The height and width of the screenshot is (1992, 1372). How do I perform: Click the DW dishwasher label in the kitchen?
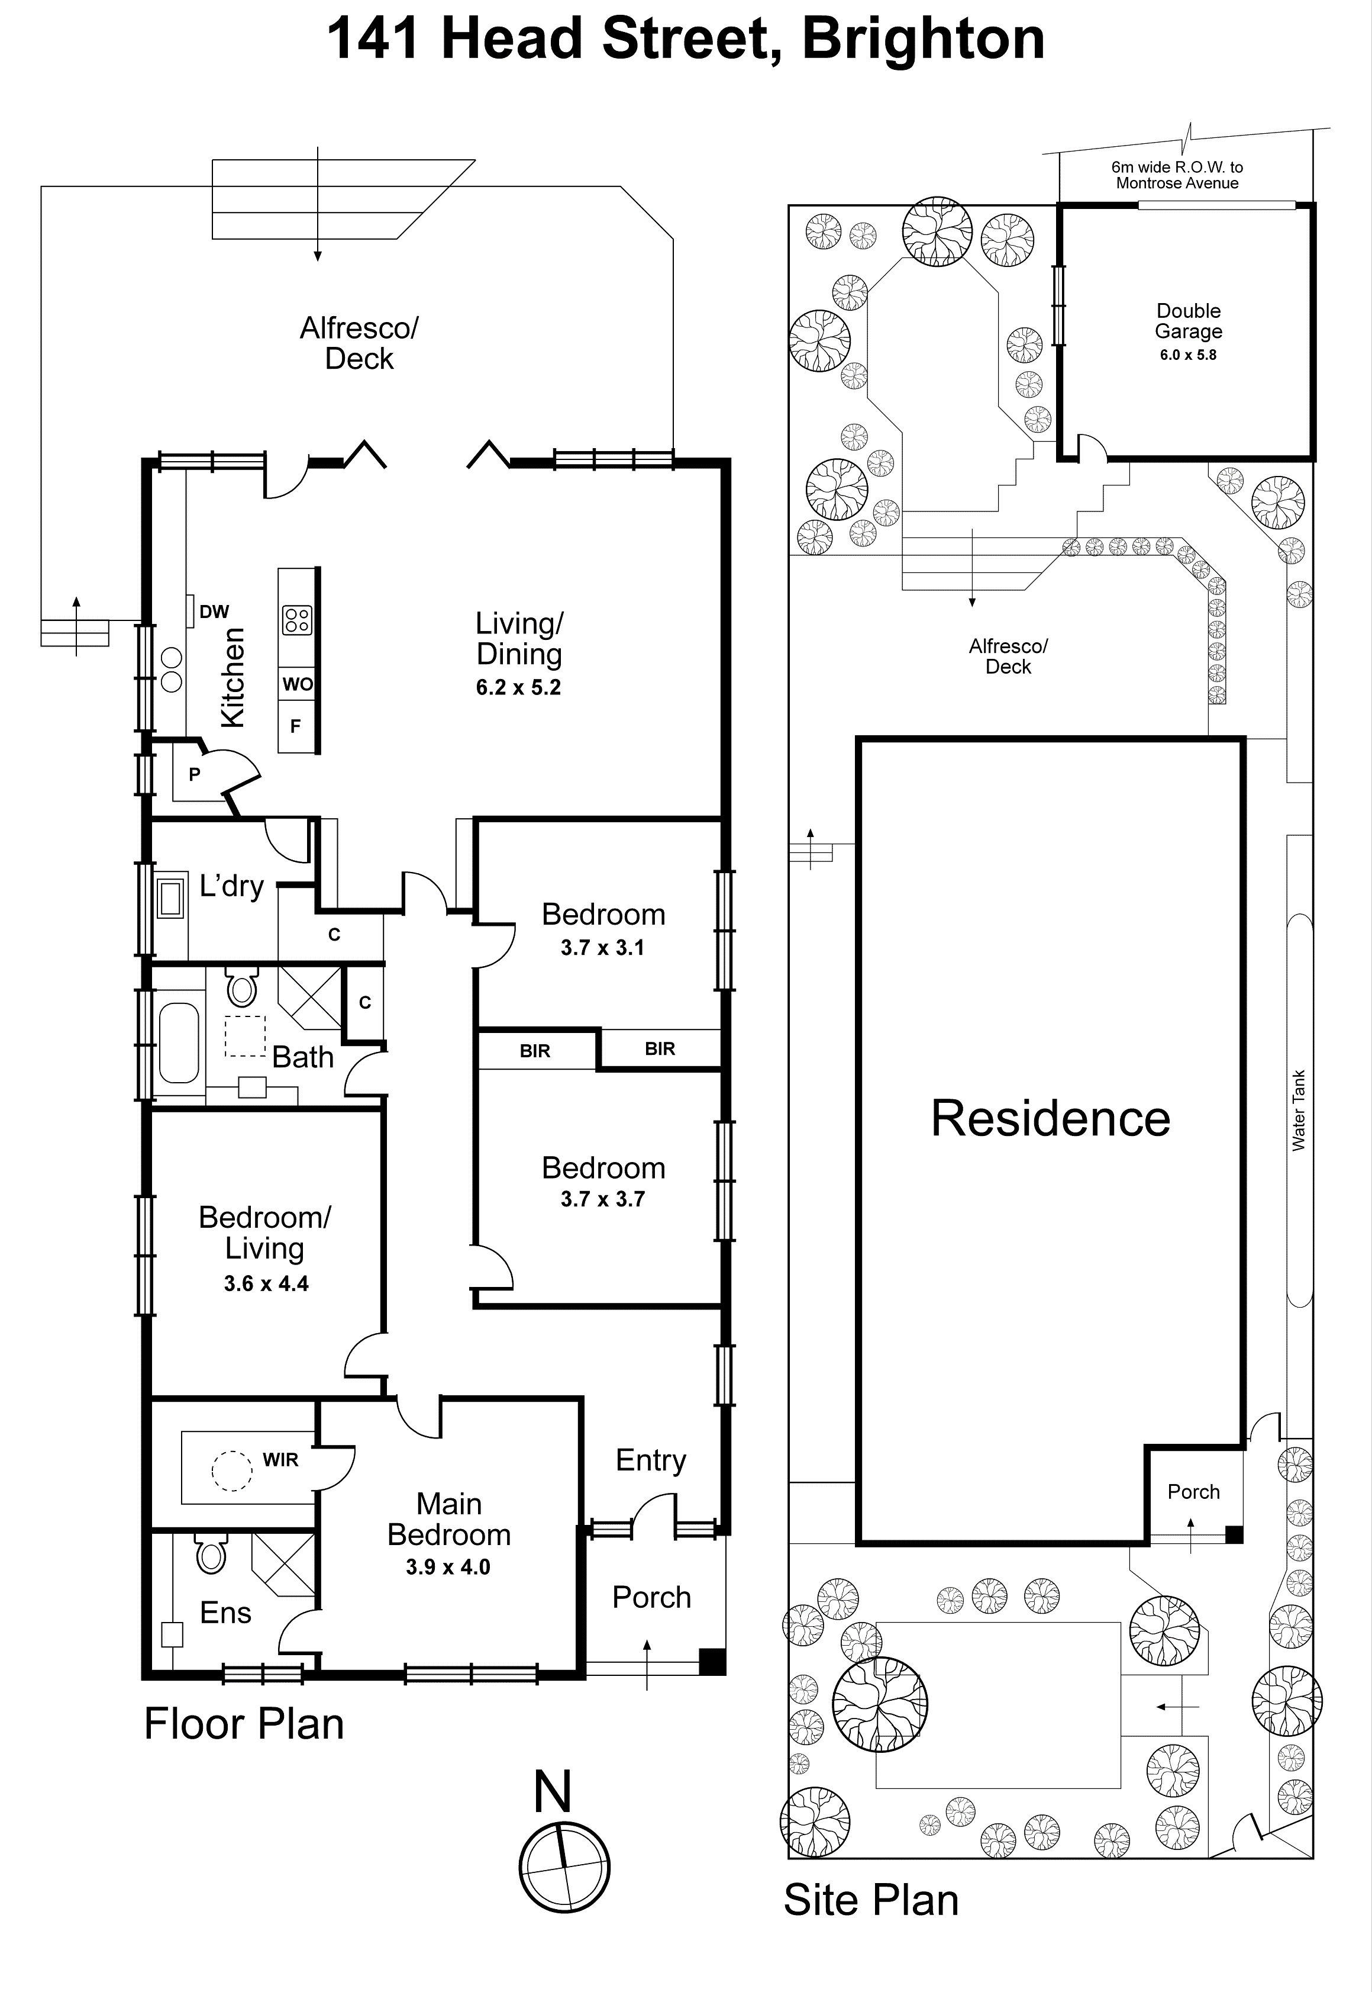click(x=214, y=612)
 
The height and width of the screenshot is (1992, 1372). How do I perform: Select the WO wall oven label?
click(x=298, y=685)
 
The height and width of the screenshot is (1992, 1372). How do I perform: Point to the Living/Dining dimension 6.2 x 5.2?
click(x=518, y=687)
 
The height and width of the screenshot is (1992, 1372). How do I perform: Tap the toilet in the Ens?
click(x=211, y=1553)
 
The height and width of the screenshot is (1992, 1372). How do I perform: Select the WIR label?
click(x=280, y=1460)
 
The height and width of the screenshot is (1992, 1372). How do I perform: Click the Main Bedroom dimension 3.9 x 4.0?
click(x=448, y=1567)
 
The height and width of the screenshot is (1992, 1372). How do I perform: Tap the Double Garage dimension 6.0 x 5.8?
click(x=1188, y=355)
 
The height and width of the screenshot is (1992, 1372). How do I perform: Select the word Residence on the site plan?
click(x=1051, y=1118)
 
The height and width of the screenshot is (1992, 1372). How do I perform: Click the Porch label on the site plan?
click(x=1193, y=1491)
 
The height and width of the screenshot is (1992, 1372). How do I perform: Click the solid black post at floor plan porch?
click(x=712, y=1661)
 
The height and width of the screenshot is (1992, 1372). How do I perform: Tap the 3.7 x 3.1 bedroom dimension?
click(x=603, y=948)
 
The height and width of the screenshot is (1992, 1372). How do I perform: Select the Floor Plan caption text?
click(x=244, y=1724)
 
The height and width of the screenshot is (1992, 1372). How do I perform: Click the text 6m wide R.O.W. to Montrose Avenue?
click(x=1177, y=175)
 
